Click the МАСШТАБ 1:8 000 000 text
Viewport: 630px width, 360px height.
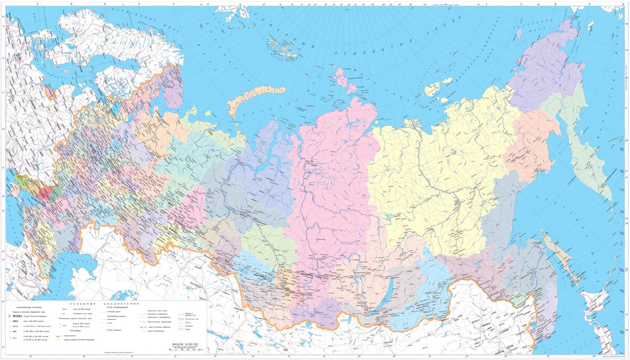[x=183, y=344]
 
